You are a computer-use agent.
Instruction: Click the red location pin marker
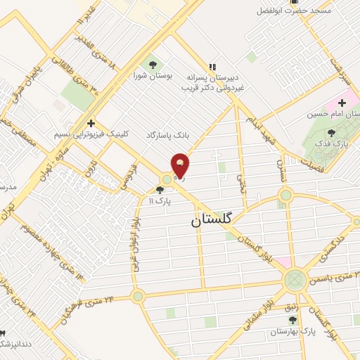click(x=180, y=166)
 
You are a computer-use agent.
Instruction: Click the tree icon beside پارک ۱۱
click(x=160, y=190)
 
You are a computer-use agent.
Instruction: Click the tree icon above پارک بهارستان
click(x=292, y=319)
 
